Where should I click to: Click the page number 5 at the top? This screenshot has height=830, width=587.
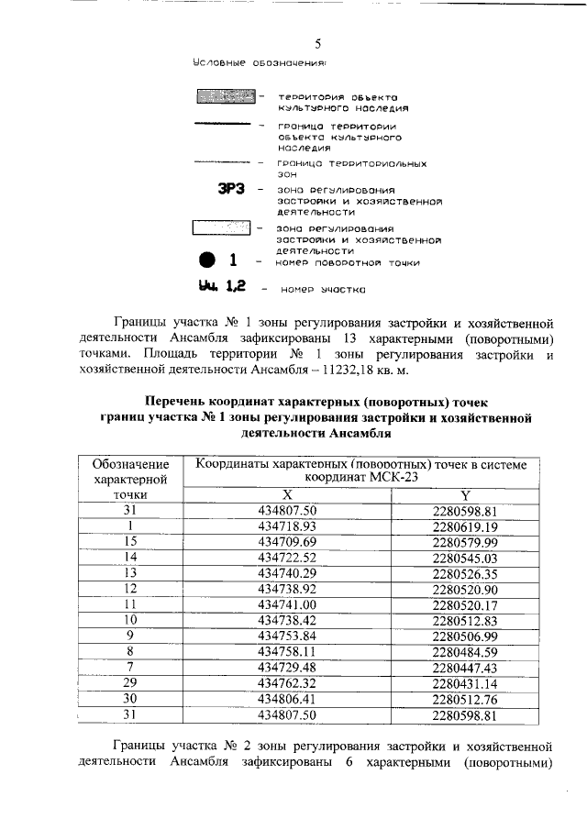pos(318,43)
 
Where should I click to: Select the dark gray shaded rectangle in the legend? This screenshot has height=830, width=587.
pos(222,96)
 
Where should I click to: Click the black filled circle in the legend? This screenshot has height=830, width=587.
pos(208,260)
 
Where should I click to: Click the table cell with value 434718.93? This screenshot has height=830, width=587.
pos(287,526)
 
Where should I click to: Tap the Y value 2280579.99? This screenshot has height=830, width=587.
pos(465,542)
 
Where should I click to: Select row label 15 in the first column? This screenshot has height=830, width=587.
pos(130,542)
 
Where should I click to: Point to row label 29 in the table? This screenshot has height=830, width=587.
pos(130,683)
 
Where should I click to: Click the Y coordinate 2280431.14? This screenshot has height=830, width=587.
pos(465,683)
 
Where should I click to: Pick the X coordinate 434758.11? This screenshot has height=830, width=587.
pos(287,652)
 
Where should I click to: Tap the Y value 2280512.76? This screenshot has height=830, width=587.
pos(465,699)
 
